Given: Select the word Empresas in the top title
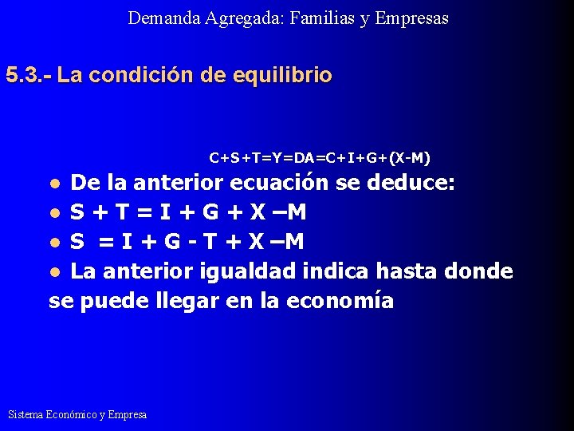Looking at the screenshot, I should pyautogui.click(x=411, y=18).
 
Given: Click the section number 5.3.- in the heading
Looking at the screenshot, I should pyautogui.click(x=29, y=76).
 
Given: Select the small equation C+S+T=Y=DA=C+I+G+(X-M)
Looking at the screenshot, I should pyautogui.click(x=320, y=157).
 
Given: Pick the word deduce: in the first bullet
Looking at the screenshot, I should pyautogui.click(x=411, y=183).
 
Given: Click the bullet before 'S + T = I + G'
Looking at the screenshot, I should pyautogui.click(x=54, y=214).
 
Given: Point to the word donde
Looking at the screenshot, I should pyautogui.click(x=478, y=271).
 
